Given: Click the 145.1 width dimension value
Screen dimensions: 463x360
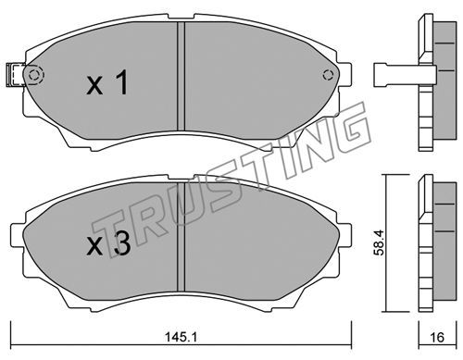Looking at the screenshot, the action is (x=181, y=337).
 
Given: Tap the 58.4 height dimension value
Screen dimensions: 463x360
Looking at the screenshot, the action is (x=378, y=242).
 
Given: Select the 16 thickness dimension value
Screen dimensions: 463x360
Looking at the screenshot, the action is (x=437, y=337).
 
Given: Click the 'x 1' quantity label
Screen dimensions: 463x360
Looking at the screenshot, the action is (x=106, y=82).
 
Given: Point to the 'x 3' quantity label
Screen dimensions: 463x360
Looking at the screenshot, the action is (x=108, y=244).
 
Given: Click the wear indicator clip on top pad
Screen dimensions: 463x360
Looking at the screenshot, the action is (x=16, y=75).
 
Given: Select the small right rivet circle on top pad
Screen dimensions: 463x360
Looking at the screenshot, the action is (x=328, y=75).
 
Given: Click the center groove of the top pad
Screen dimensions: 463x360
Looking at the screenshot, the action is (x=181, y=76).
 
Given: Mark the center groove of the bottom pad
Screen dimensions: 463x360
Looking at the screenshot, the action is (x=181, y=236).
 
